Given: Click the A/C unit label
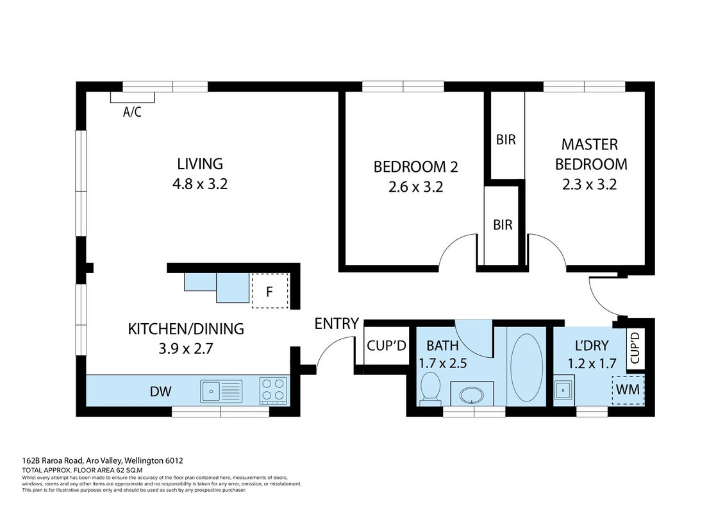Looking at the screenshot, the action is [132, 112].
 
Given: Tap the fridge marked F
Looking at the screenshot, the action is [270, 291].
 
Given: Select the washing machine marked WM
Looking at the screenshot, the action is [628, 389].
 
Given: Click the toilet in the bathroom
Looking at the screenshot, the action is [431, 388].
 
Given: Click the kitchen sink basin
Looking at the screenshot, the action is [210, 391].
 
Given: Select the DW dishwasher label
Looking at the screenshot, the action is [160, 391].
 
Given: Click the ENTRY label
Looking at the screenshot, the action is [337, 323].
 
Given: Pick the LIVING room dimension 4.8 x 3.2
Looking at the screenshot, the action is [200, 184].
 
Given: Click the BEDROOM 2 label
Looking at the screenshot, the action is [415, 167].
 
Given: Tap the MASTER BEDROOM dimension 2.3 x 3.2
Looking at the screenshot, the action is [590, 185].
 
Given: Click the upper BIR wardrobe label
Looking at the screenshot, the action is [506, 140].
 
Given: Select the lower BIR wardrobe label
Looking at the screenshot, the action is [503, 225].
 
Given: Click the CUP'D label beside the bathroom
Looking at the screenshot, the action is [387, 346].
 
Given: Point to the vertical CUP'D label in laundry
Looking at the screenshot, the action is [635, 347].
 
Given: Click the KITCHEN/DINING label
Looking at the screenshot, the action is [186, 329].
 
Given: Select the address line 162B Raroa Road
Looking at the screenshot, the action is [103, 460].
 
